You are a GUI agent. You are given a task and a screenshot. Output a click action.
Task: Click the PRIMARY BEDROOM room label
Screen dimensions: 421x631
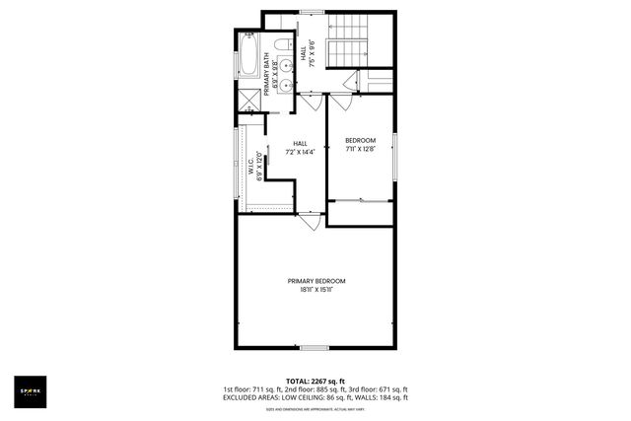pyautogui.click(x=315, y=281)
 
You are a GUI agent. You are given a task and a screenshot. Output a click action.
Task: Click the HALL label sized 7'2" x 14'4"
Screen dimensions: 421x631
pyautogui.click(x=300, y=144)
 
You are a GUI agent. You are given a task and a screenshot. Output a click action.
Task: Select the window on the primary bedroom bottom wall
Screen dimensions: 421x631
pyautogui.click(x=315, y=347)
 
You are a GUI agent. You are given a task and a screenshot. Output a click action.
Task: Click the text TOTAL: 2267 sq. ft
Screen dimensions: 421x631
pyautogui.click(x=315, y=381)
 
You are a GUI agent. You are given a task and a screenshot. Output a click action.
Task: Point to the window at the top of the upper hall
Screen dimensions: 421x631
pyautogui.click(x=313, y=12)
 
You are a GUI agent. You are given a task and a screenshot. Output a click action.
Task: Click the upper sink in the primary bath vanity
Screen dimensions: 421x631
pyautogui.click(x=284, y=66)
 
